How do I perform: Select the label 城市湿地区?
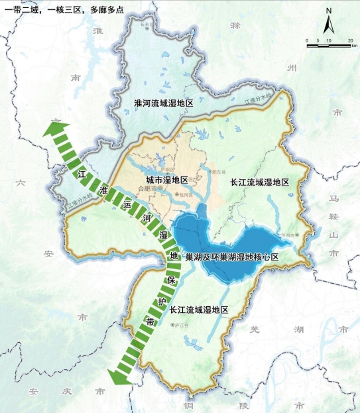point(167,180)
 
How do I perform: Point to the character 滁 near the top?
point(234,25)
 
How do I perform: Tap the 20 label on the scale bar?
point(349,41)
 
